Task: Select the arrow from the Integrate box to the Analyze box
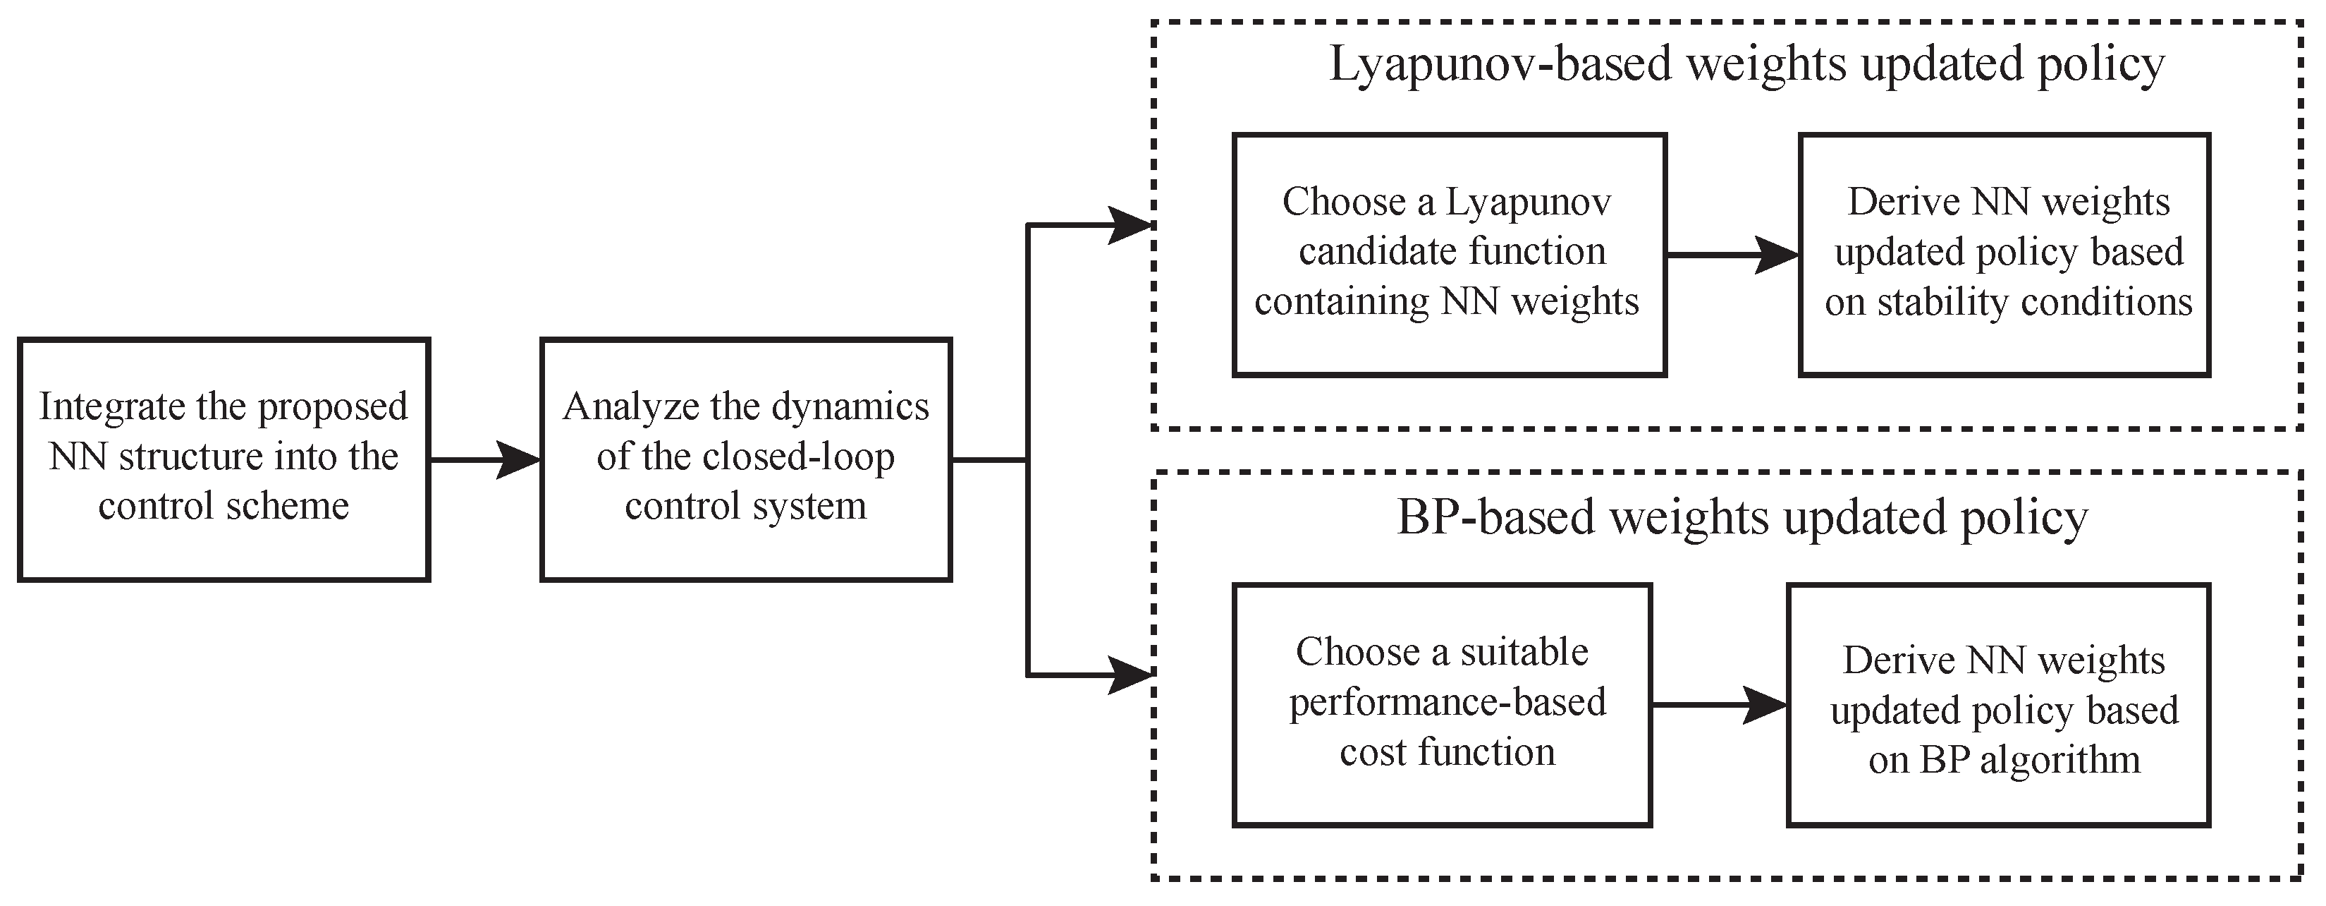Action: coord(485,460)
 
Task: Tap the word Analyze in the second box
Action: coord(622,407)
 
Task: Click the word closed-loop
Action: coord(797,457)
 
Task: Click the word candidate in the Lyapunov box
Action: coord(1369,252)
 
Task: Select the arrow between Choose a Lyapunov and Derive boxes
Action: coord(1732,255)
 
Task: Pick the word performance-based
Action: coord(1447,703)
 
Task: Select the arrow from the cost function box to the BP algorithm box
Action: coord(1719,705)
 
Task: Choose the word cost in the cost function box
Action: coord(1373,752)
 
